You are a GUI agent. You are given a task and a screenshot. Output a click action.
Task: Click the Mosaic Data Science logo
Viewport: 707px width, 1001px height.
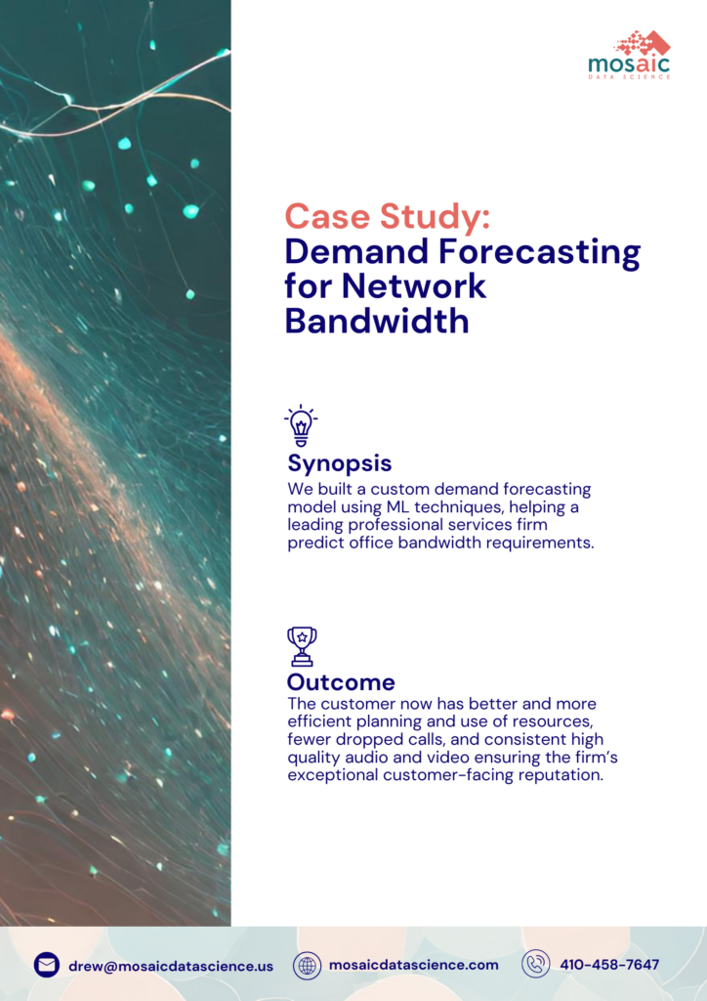pos(629,54)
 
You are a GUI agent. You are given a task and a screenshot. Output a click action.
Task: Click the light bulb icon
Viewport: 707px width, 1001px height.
pos(301,426)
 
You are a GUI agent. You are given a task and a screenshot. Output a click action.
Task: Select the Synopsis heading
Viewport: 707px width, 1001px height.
pos(340,462)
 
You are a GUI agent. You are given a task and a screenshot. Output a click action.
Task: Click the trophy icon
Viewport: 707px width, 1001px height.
pos(302,646)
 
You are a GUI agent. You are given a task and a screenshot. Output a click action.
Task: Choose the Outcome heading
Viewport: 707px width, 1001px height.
pos(341,682)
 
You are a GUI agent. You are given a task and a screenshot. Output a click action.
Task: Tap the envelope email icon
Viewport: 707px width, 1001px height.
pos(47,965)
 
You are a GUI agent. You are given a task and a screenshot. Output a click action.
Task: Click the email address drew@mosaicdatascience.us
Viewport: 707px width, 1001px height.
pos(171,966)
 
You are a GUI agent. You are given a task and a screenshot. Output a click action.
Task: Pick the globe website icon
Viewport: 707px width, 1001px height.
pos(308,965)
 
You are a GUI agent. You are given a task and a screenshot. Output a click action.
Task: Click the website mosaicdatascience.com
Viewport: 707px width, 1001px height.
pos(413,965)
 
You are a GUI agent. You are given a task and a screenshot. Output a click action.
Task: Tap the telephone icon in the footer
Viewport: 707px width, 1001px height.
pos(535,965)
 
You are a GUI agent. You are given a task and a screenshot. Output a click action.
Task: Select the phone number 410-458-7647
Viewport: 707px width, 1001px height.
pos(609,965)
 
